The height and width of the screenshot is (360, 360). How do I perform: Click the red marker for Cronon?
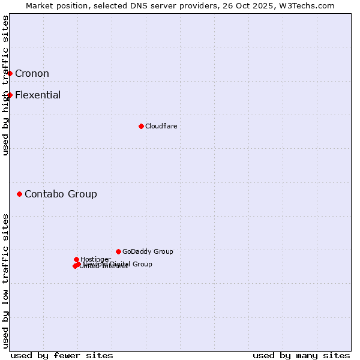click(x=10, y=73)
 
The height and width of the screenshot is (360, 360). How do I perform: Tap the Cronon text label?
click(x=32, y=74)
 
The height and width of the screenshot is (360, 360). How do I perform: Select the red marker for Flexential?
click(x=10, y=95)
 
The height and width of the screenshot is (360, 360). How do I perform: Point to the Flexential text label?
click(x=38, y=95)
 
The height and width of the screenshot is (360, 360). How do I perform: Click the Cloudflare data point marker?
click(x=141, y=126)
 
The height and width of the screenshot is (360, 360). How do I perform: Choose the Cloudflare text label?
click(x=161, y=126)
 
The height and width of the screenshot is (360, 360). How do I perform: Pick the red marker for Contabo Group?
click(x=20, y=194)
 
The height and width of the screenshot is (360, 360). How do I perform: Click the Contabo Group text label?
click(x=61, y=194)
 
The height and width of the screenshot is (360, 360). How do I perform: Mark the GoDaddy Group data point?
click(x=118, y=251)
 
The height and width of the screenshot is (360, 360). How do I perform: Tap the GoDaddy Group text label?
click(x=148, y=251)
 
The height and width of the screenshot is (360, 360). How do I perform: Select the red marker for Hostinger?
click(x=76, y=259)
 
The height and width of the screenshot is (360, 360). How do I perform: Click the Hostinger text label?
click(x=95, y=259)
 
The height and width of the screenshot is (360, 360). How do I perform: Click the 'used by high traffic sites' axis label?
click(x=5, y=85)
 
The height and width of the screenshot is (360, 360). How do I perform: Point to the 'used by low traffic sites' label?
click(x=5, y=280)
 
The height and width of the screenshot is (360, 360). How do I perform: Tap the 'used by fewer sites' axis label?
click(x=62, y=355)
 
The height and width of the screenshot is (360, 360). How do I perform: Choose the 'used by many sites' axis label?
click(x=301, y=355)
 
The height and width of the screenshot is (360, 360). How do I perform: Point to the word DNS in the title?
click(x=134, y=5)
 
